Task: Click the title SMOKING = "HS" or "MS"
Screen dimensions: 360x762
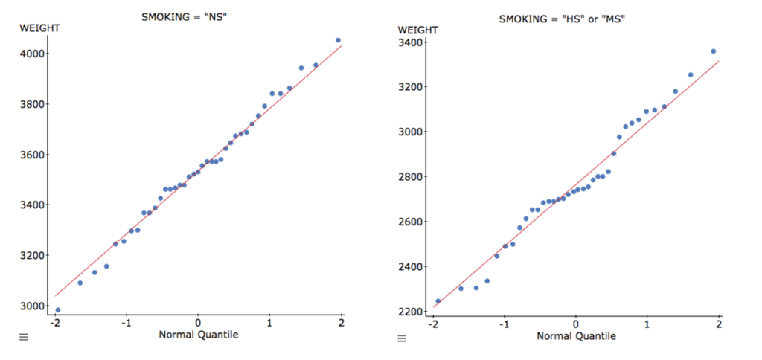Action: coord(562,19)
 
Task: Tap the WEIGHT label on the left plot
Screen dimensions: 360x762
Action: coord(39,28)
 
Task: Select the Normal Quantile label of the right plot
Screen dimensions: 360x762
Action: coord(576,336)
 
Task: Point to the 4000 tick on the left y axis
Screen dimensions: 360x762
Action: coord(33,54)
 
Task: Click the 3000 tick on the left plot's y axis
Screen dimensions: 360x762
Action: coord(33,306)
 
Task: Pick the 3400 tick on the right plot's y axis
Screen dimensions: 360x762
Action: coord(412,42)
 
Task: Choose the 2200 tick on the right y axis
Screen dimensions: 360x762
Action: coord(412,312)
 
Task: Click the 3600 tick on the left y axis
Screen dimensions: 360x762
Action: coord(33,155)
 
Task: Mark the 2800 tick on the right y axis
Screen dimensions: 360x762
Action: coord(412,177)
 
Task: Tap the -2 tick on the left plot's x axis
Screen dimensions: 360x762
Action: coord(54,322)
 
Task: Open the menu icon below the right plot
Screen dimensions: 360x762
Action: coord(402,339)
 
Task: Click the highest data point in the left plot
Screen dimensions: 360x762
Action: coord(338,40)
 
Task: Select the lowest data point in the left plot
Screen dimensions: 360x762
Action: coord(58,310)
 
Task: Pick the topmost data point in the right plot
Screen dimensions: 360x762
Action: coord(713,51)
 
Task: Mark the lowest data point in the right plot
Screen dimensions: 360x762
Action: coord(438,301)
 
